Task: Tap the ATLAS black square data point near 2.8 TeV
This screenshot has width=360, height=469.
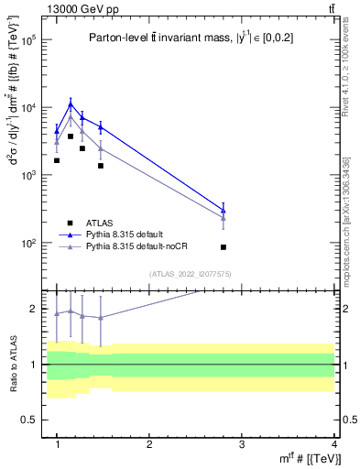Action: point(224,247)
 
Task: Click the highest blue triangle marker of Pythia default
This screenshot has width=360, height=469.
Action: point(71,104)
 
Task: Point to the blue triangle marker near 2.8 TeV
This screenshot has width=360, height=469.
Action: point(224,211)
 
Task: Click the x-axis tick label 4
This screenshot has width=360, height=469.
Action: point(333,443)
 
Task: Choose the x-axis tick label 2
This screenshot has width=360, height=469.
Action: point(149,443)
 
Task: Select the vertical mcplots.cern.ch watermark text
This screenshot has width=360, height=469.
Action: point(346,220)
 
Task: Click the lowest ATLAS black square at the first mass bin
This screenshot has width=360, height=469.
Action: point(57,160)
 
